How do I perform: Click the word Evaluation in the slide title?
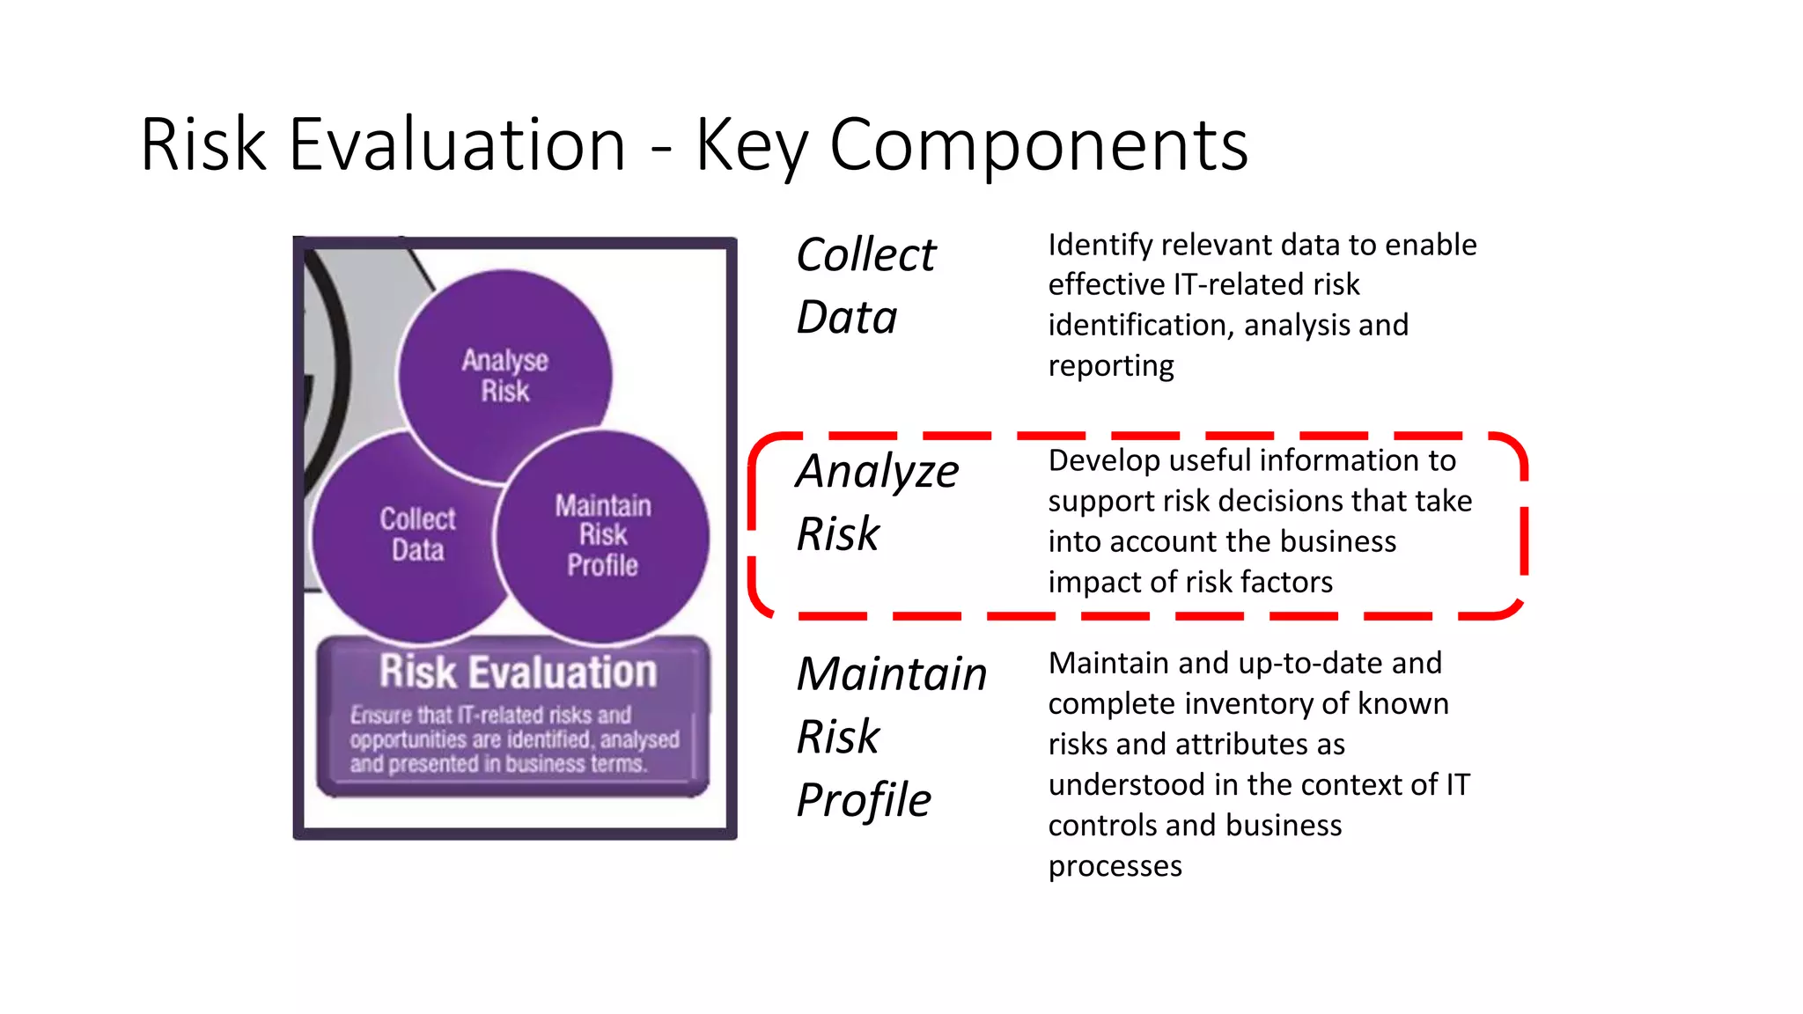tap(457, 144)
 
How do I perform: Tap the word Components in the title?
tap(1038, 144)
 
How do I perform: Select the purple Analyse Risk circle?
tap(504, 376)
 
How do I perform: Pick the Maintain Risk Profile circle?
tap(602, 535)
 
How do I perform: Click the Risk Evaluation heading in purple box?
tap(518, 672)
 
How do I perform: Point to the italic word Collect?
tap(865, 255)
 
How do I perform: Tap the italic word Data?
tap(846, 318)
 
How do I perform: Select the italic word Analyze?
tap(878, 472)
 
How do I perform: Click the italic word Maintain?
tap(891, 674)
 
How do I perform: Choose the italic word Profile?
tap(863, 800)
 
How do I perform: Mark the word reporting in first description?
tap(1111, 366)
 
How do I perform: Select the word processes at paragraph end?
tap(1115, 866)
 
